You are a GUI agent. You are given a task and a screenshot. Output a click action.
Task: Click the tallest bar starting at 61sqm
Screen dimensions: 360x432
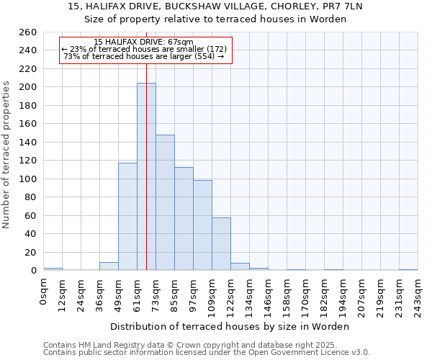tap(146, 176)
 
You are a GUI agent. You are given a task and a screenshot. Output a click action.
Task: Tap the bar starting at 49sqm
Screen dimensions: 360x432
tap(127, 216)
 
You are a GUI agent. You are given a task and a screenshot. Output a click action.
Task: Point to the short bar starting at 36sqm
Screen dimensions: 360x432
tap(109, 266)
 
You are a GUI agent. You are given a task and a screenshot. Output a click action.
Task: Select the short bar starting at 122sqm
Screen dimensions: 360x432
tap(240, 266)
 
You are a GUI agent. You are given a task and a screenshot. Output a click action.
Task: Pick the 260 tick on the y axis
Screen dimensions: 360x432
tap(28, 32)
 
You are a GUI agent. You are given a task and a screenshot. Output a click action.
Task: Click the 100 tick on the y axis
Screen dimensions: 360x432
tap(28, 179)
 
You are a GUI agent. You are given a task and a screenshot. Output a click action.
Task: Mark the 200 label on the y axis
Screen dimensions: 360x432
tap(28, 87)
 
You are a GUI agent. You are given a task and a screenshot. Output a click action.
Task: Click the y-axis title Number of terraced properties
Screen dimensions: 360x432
tap(7, 155)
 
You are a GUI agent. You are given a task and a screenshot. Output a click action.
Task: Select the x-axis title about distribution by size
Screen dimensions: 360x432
tap(230, 326)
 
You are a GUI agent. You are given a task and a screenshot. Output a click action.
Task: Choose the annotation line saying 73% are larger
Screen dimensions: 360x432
tap(144, 56)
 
